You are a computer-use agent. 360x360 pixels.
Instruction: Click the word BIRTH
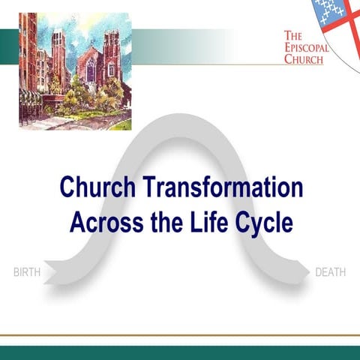click(x=27, y=271)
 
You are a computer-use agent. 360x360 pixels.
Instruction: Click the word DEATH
click(x=330, y=271)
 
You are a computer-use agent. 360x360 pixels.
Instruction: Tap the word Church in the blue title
click(x=92, y=187)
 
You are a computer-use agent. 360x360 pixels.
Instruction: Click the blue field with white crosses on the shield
click(x=329, y=10)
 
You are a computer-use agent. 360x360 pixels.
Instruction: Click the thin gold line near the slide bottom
click(x=180, y=335)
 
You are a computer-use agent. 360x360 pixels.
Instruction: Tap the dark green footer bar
click(x=180, y=352)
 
